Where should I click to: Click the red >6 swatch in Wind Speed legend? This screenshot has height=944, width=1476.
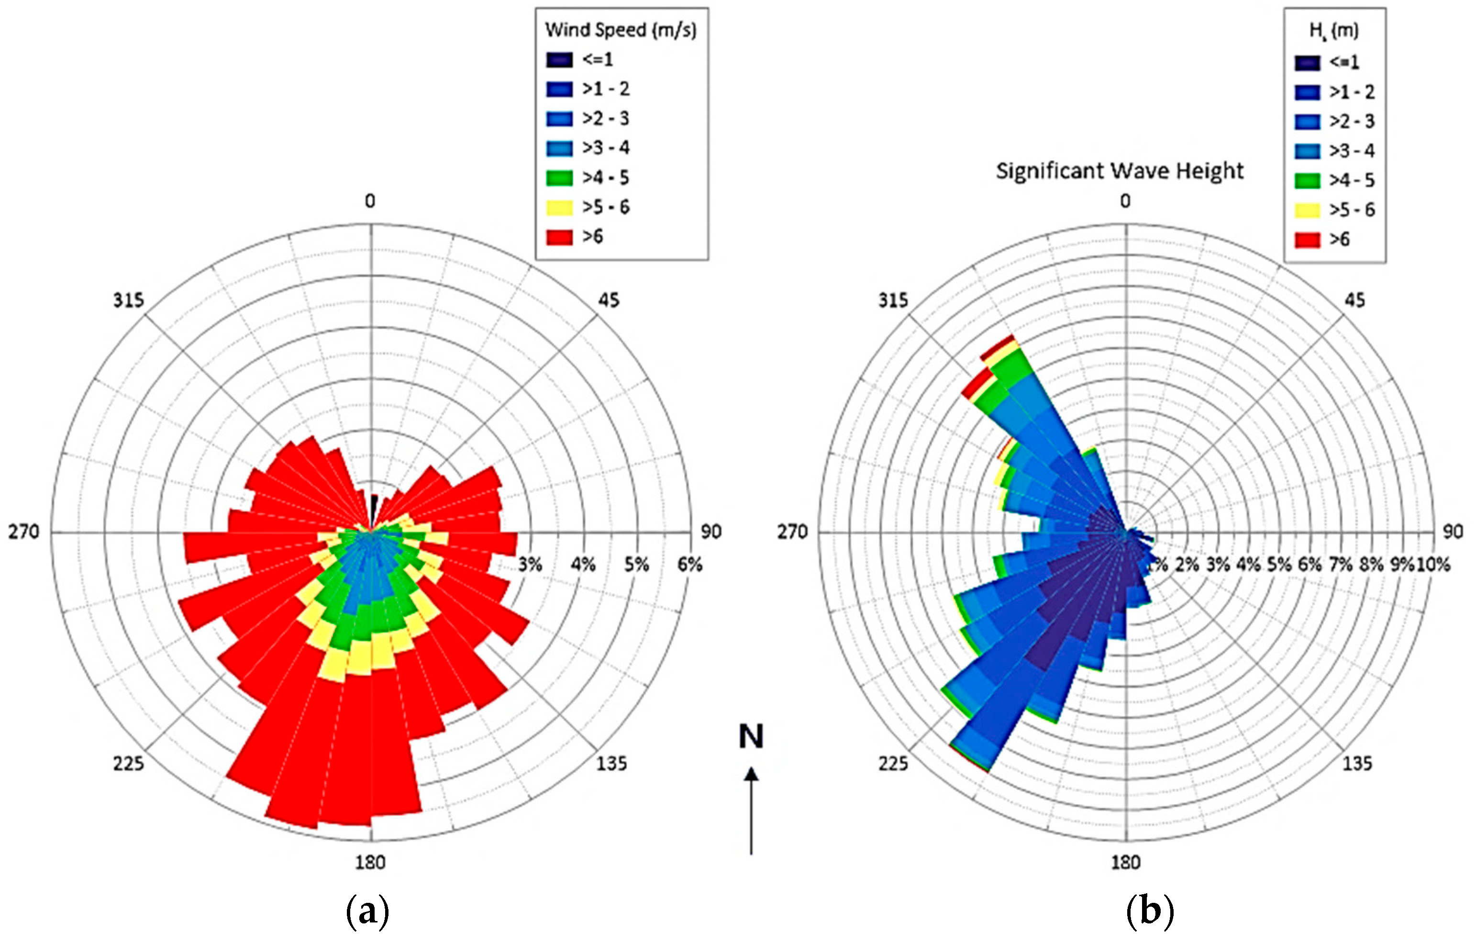tap(559, 237)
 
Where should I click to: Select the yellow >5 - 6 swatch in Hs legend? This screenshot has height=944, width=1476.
tap(1308, 210)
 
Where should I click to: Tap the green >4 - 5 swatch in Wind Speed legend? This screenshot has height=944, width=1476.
tap(559, 178)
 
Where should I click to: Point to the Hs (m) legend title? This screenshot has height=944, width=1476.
tap(1334, 31)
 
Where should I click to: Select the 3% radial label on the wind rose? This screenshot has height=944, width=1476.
tap(530, 564)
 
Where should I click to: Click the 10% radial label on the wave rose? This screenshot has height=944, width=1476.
tap(1434, 564)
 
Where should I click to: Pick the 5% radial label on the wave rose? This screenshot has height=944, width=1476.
tap(1279, 564)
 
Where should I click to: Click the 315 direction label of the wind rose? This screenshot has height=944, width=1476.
tap(128, 300)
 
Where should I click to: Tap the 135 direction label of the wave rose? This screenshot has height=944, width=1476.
tap(1358, 763)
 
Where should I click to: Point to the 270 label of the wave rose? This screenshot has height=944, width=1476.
tap(793, 532)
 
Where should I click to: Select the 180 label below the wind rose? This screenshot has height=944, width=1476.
tap(370, 863)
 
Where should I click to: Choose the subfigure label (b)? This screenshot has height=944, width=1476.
tap(1150, 911)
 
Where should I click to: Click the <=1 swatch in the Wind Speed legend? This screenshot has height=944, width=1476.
tap(559, 59)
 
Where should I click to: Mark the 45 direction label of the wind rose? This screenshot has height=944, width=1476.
tap(608, 300)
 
